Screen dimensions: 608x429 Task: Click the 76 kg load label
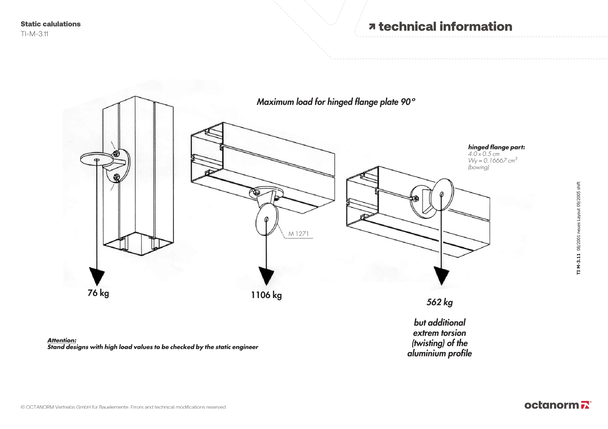coord(98,293)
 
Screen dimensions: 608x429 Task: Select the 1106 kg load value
coord(266,295)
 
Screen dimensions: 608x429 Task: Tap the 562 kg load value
coord(440,302)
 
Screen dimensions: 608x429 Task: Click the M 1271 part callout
coord(299,234)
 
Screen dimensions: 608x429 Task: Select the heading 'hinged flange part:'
coord(496,147)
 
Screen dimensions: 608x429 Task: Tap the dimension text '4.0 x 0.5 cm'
coord(484,154)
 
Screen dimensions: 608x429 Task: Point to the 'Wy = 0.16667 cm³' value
coord(492,160)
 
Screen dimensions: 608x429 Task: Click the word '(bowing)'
coord(478,167)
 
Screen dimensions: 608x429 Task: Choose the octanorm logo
coord(558,405)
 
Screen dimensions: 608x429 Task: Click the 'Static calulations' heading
coord(50,24)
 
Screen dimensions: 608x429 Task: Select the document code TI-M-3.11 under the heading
coord(34,34)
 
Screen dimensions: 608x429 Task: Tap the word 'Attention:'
coord(62,340)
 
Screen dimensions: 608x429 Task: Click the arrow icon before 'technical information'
coord(372,27)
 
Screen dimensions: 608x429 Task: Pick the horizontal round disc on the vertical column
coord(97,159)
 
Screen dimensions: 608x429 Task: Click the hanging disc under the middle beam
coord(267,220)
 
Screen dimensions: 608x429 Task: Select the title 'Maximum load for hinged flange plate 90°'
coord(336,102)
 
